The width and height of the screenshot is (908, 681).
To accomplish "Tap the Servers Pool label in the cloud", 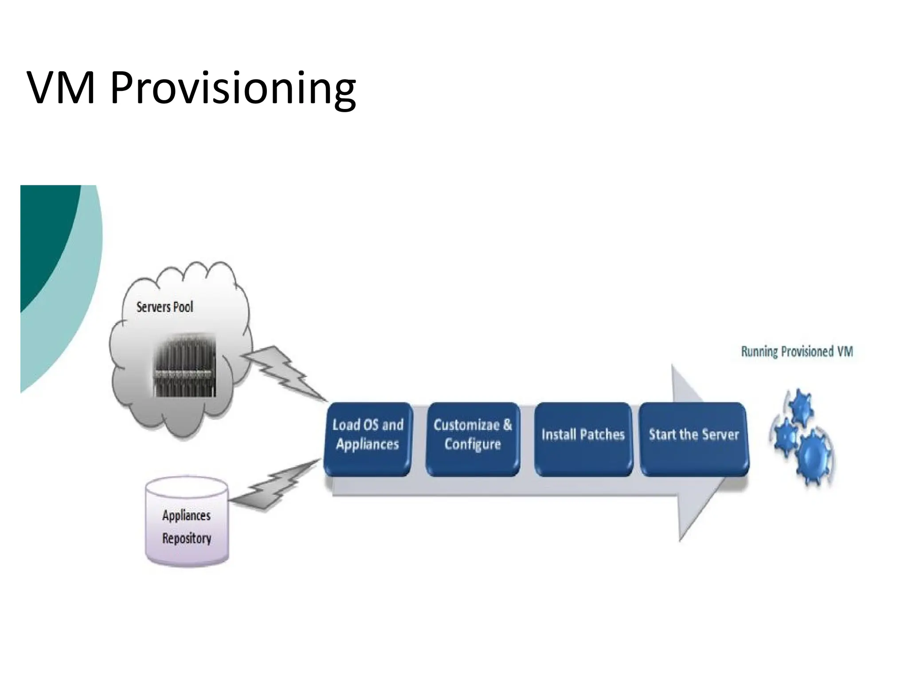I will pyautogui.click(x=164, y=307).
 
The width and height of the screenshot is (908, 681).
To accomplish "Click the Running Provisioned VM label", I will pyautogui.click(x=797, y=352).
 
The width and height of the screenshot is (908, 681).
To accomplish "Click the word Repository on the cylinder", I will pyautogui.click(x=187, y=538).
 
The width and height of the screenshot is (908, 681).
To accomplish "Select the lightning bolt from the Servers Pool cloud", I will pyautogui.click(x=284, y=372).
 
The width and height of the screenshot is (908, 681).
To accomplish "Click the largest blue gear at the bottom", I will pyautogui.click(x=814, y=457).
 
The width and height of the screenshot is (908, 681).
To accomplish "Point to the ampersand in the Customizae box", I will pyautogui.click(x=507, y=425).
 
